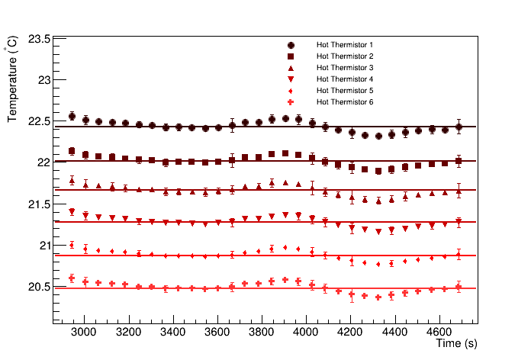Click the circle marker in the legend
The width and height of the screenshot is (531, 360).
point(291,45)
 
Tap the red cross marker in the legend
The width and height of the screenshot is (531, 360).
point(291,102)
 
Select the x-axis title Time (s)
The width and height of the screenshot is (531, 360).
point(456,344)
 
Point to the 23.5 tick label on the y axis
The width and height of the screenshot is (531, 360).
point(40,39)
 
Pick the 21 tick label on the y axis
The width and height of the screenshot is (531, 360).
point(44,246)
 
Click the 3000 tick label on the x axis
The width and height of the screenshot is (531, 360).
point(84,333)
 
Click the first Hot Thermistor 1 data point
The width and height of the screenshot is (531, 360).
point(72,116)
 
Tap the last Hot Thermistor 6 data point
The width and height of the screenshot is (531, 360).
point(459,288)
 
